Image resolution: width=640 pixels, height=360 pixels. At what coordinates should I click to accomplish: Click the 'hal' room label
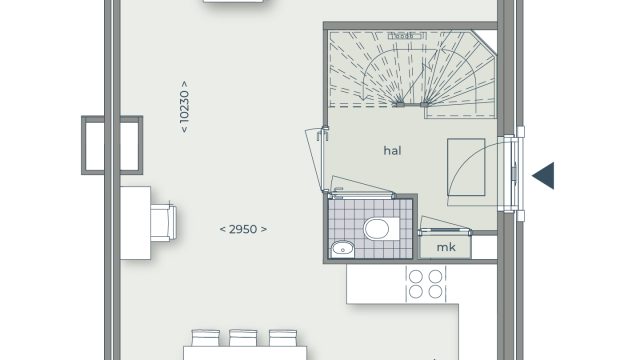(392, 151)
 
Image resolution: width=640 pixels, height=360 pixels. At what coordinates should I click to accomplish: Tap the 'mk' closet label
(446, 247)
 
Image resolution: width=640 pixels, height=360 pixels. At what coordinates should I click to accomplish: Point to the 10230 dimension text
(184, 107)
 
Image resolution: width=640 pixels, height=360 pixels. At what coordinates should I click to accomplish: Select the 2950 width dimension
(243, 229)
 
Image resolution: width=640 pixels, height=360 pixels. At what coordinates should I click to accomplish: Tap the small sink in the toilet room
(342, 249)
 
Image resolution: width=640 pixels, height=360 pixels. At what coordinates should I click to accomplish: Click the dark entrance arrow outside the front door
(543, 176)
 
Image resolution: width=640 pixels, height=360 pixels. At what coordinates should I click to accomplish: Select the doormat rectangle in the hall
(466, 167)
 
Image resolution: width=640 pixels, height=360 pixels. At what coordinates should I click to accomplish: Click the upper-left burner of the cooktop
(416, 276)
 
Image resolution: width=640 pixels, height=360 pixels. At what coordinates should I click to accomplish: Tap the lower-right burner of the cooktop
(435, 291)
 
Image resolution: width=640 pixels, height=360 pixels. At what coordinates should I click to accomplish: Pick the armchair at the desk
(163, 222)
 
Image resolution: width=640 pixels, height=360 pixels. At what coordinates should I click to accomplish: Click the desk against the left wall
(136, 223)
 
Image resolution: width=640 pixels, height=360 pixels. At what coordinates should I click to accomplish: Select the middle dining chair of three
(243, 338)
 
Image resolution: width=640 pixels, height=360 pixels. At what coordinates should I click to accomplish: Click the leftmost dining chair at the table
(206, 338)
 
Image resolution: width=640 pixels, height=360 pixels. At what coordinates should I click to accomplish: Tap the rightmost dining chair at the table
(283, 338)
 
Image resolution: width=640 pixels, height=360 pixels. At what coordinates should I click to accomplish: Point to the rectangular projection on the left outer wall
(112, 145)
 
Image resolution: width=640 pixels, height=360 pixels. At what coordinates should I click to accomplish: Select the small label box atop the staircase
(407, 36)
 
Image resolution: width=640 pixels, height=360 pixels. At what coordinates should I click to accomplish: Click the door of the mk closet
(444, 231)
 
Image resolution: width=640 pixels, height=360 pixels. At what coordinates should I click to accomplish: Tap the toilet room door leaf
(361, 195)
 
